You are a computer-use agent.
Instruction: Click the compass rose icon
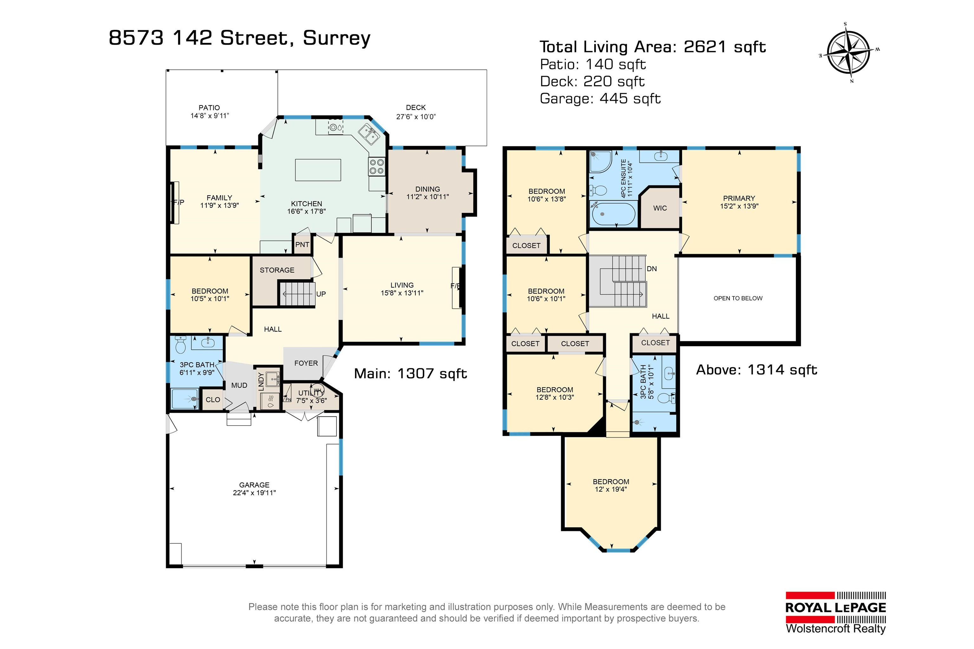pos(848,53)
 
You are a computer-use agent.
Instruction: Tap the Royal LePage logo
pos(836,613)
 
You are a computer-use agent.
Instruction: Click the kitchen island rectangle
pos(318,170)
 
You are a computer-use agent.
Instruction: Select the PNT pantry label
pos(302,245)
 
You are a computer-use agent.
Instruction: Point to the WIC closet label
pos(660,208)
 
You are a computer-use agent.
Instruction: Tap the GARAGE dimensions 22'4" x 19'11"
pos(254,492)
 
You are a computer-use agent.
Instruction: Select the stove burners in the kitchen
pos(376,166)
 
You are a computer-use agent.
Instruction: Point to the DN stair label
pos(652,269)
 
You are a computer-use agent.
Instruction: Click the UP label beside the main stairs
pos(321,294)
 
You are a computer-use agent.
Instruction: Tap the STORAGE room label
pos(277,270)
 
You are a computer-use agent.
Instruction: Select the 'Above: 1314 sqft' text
pos(756,369)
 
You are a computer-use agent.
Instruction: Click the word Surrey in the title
pos(337,38)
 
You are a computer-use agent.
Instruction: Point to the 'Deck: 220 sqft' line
pos(592,81)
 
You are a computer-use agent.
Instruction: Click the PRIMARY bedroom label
pos(739,198)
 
